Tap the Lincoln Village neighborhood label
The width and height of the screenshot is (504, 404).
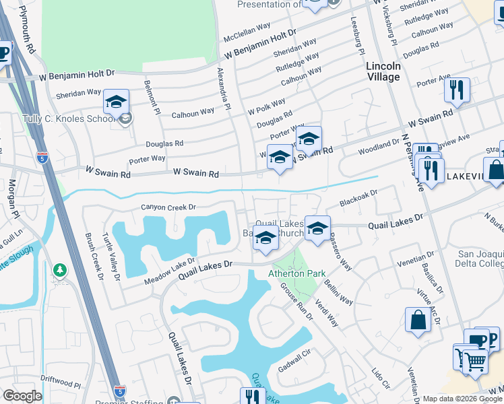pyautogui.click(x=383, y=71)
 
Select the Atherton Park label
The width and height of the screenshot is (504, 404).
pyautogui.click(x=297, y=273)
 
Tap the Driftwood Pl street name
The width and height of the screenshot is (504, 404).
pyautogui.click(x=60, y=385)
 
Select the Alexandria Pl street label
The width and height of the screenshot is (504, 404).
pyautogui.click(x=224, y=88)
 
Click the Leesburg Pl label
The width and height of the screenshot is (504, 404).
pyautogui.click(x=356, y=37)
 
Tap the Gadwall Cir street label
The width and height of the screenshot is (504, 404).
pyautogui.click(x=292, y=362)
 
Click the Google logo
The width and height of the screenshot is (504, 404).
pyautogui.click(x=22, y=396)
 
